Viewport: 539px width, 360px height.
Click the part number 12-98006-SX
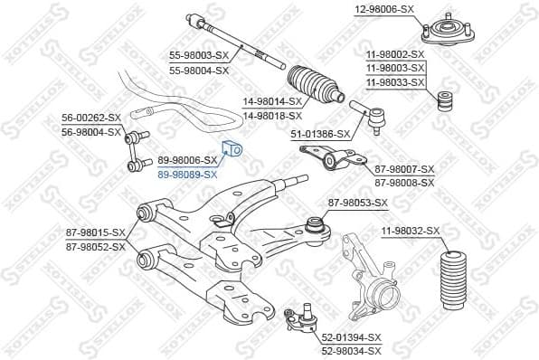[383, 9]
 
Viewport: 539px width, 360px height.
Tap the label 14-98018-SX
[272, 116]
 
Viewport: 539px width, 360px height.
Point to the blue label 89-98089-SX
[188, 174]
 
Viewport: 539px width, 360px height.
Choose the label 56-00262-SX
[91, 118]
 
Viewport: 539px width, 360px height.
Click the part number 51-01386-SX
[319, 133]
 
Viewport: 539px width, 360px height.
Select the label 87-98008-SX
[404, 182]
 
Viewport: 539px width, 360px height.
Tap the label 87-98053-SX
[356, 203]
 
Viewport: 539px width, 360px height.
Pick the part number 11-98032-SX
[411, 232]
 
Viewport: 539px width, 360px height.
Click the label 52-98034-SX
[352, 350]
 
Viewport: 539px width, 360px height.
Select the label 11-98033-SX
[395, 82]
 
